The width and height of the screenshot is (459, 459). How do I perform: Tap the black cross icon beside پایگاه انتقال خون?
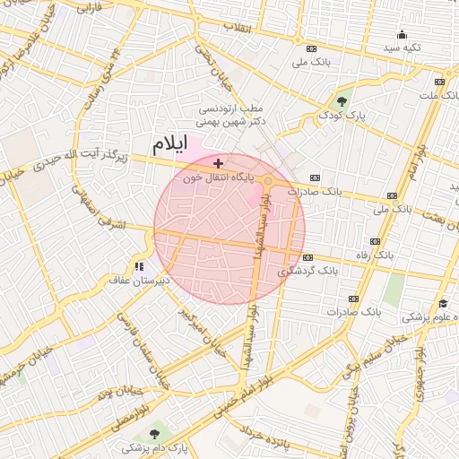[219, 163]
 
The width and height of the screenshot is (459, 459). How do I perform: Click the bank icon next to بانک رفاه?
[374, 242]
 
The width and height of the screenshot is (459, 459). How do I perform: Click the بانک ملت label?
[438, 94]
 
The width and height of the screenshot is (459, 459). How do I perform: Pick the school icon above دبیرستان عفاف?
[138, 265]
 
